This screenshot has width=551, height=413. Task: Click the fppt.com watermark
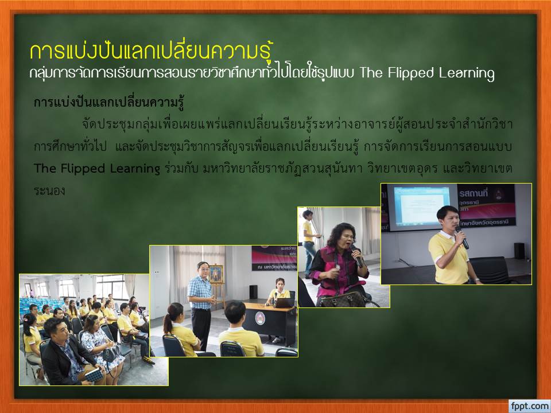[x=529, y=406]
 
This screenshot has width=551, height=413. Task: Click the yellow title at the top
[x=152, y=52]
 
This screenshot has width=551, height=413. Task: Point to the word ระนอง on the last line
[x=49, y=190]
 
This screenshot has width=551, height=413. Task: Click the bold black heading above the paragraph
[x=109, y=103]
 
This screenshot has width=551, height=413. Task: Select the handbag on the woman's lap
[x=341, y=299]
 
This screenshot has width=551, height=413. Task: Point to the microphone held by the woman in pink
[x=356, y=256]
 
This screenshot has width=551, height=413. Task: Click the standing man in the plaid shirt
[x=201, y=305]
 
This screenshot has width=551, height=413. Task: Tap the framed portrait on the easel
[x=216, y=274]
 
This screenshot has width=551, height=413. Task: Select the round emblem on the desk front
[x=260, y=318]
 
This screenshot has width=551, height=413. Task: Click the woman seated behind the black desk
[x=279, y=291]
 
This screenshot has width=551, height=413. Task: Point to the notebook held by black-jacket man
[x=94, y=375]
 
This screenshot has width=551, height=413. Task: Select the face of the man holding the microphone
[x=448, y=219]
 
